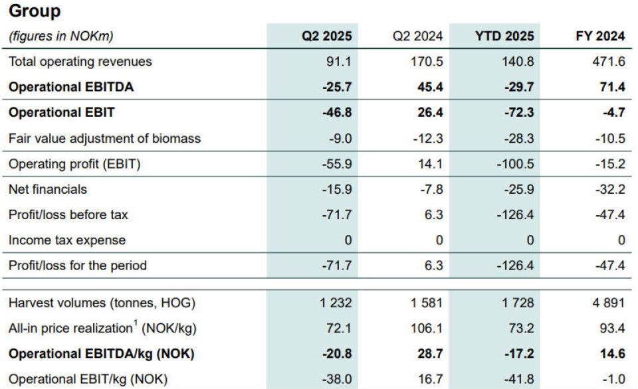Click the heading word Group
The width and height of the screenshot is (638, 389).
click(35, 11)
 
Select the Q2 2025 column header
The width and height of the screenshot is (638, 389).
click(327, 36)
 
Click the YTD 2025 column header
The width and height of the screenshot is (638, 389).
click(504, 36)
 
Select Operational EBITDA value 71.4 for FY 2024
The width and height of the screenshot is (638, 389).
click(611, 87)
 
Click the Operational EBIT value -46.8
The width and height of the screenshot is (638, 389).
click(336, 113)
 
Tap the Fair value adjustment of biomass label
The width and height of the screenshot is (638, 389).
click(104, 139)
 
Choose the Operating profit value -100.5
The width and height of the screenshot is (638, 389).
click(514, 164)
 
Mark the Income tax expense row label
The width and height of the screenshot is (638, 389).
click(67, 240)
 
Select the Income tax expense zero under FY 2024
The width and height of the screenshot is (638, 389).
click(621, 240)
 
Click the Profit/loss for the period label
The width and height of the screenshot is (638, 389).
click(78, 266)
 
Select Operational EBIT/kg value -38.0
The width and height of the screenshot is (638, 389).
click(336, 380)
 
